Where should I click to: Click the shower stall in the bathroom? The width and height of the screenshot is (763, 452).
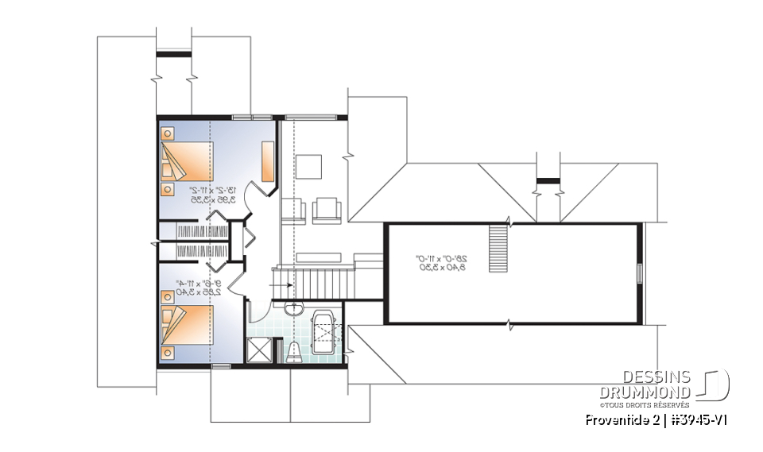pos(259,350)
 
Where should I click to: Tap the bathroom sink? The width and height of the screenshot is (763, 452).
pos(294,308)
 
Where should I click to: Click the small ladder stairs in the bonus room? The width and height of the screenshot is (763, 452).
pos(497,237)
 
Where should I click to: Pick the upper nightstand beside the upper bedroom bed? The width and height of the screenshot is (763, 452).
pos(168,133)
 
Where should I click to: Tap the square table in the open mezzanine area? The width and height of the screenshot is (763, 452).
pos(308,168)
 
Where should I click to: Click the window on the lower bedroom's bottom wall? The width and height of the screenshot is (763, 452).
pos(222,365)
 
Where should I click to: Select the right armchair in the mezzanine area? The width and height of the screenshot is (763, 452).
pos(327,209)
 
